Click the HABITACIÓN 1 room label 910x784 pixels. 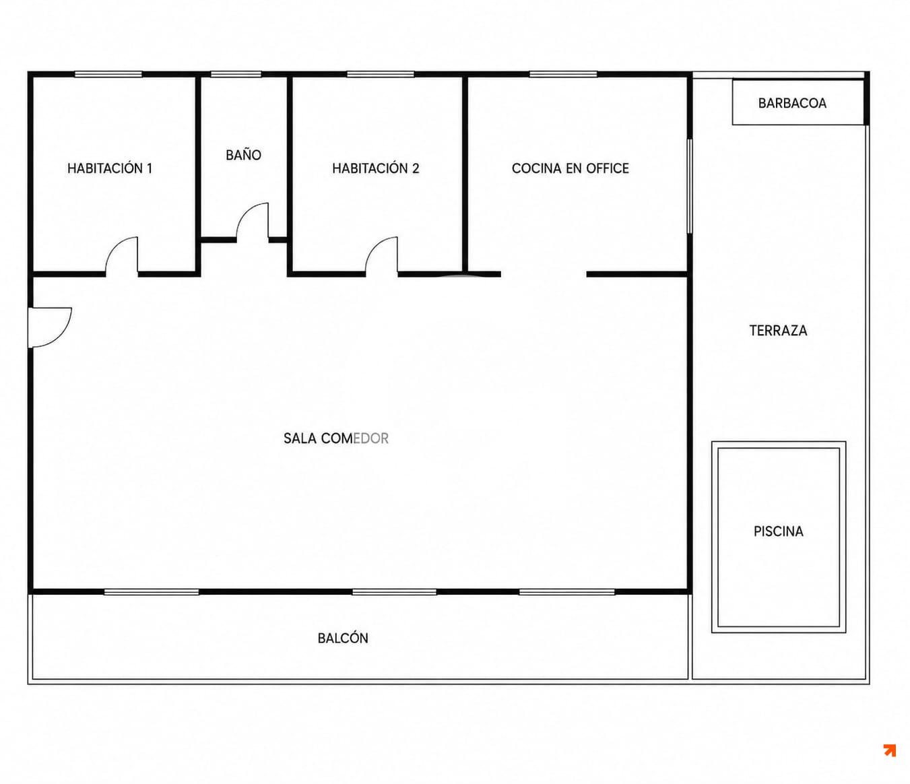click(x=110, y=168)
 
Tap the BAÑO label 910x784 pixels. click(x=243, y=154)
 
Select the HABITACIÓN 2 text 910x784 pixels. click(x=376, y=168)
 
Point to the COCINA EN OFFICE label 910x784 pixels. click(x=570, y=168)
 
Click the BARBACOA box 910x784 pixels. click(x=798, y=102)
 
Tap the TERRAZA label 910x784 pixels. click(x=779, y=331)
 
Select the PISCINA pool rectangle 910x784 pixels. click(x=779, y=537)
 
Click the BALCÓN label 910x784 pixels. click(x=343, y=638)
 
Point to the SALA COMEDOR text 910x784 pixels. click(x=336, y=438)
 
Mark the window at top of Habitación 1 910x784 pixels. click(x=108, y=74)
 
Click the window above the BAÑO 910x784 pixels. click(x=236, y=74)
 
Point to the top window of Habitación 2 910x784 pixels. click(x=381, y=74)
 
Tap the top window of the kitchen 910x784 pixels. click(x=563, y=74)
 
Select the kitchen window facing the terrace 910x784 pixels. click(x=690, y=186)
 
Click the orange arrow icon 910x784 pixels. click(x=890, y=750)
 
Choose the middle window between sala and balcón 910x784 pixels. click(x=395, y=592)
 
